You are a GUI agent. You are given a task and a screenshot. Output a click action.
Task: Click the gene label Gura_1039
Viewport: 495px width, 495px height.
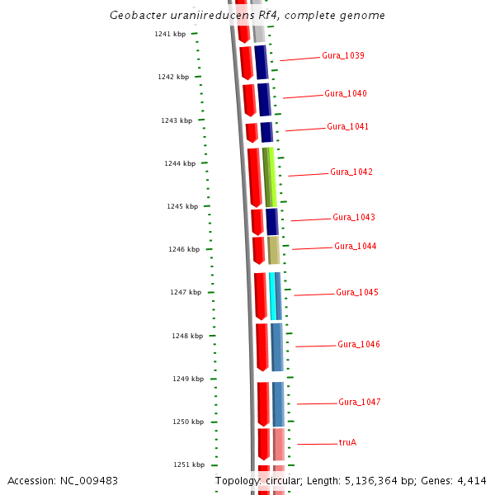[343, 56]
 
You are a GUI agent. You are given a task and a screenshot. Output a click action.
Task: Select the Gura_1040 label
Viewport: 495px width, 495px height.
[346, 94]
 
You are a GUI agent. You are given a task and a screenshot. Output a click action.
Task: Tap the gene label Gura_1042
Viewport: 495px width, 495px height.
[351, 172]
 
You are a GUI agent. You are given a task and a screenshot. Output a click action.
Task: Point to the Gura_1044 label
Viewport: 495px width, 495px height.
[356, 247]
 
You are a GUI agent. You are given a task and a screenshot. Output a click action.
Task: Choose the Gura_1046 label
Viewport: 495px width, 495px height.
[359, 345]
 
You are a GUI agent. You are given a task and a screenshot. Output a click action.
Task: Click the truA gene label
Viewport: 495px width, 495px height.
[347, 443]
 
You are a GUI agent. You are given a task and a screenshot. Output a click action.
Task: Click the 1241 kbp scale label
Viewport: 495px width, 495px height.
[170, 34]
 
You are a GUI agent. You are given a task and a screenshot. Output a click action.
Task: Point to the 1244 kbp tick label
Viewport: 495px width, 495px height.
[180, 163]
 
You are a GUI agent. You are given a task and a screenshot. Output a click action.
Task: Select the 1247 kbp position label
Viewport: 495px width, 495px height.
[186, 293]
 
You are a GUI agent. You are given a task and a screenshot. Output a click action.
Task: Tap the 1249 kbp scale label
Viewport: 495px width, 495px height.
[188, 379]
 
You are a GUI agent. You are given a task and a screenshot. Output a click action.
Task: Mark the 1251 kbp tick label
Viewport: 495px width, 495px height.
[189, 464]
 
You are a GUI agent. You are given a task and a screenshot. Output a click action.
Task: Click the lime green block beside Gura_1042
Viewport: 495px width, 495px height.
[270, 177]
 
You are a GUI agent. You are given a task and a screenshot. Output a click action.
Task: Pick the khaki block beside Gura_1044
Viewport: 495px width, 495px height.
[274, 250]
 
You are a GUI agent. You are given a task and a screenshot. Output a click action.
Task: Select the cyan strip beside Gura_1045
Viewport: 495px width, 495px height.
[272, 296]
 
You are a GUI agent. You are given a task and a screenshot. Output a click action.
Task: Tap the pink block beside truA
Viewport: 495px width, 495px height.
[279, 444]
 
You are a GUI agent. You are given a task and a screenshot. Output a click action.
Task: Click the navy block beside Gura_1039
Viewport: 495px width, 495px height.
[262, 62]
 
